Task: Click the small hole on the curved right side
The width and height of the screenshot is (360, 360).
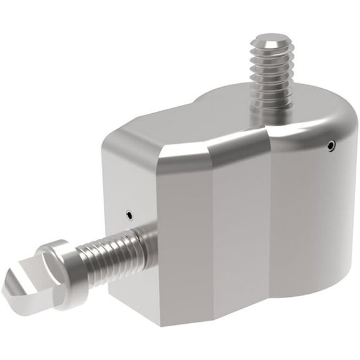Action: coord(331,146)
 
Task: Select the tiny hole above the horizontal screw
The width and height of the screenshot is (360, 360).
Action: coord(129,216)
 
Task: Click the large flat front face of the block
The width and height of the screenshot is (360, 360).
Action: coord(212,244)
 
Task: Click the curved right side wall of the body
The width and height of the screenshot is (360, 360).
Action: coord(312,212)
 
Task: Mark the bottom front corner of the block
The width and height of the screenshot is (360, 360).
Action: coord(164,324)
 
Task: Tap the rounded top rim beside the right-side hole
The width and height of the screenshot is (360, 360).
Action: coord(325,125)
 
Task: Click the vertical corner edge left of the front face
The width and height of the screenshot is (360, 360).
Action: coord(157,250)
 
